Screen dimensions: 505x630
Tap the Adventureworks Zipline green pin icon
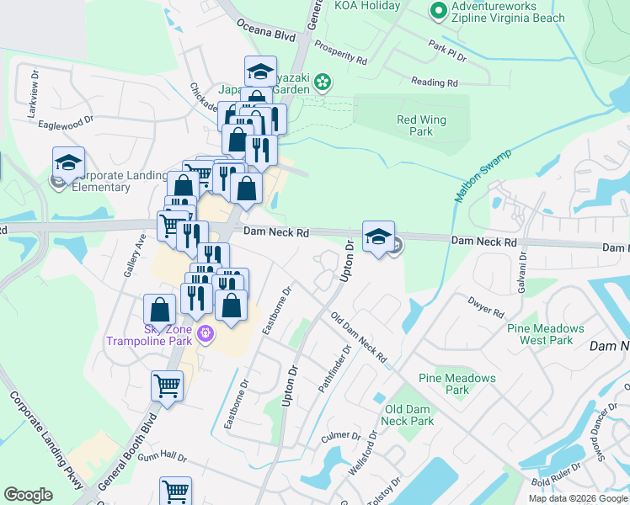pos(438,10)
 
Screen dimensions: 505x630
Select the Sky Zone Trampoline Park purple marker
pos(204,335)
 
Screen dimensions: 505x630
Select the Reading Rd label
pos(434,82)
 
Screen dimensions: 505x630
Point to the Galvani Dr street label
pos(522,268)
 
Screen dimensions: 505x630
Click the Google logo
pos(29,495)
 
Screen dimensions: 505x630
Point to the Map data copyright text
pos(577,498)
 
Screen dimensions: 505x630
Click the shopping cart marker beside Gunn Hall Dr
pos(175,490)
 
